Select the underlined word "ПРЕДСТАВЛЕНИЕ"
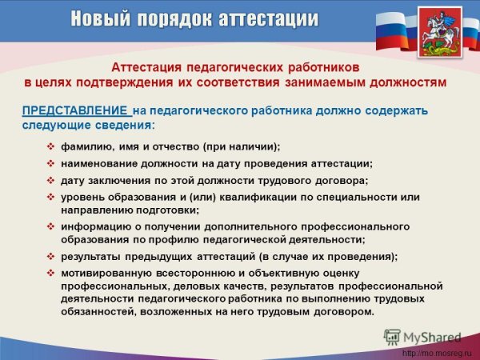coord(74,110)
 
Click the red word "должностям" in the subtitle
coord(405,82)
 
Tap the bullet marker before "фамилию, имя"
coord(51,146)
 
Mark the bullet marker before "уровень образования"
coord(51,196)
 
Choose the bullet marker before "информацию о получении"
coord(51,226)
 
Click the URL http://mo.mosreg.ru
coord(437,353)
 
